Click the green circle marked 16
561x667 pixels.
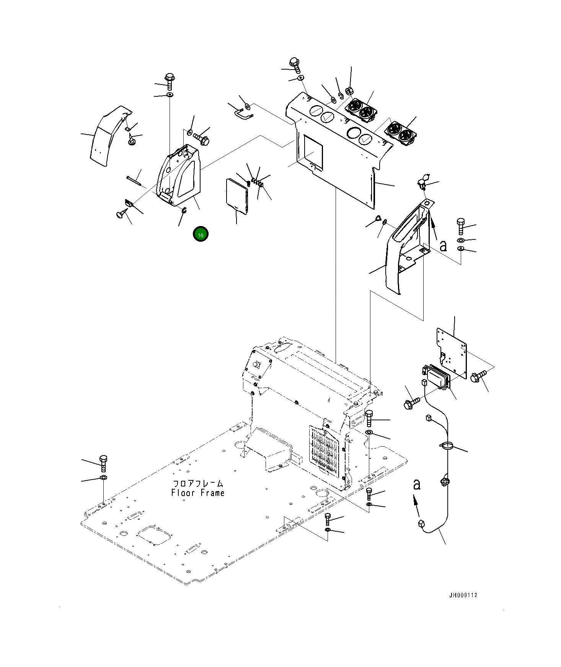point(201,234)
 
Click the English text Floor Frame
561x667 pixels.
point(197,493)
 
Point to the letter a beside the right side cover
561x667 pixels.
point(443,246)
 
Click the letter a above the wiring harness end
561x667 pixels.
point(417,484)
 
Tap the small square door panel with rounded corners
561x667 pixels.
point(237,195)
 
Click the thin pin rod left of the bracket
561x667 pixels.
point(134,180)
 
